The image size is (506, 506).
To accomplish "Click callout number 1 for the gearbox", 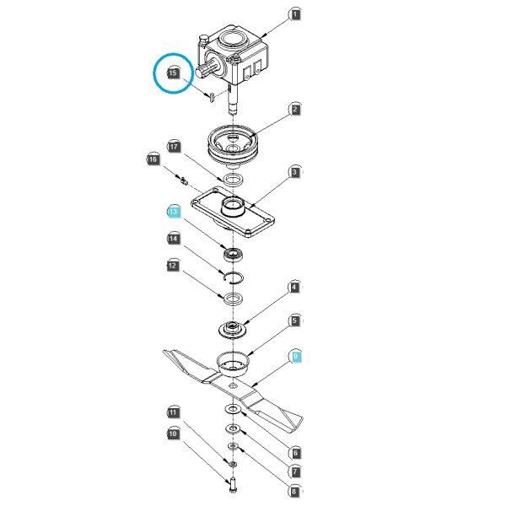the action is point(295,14).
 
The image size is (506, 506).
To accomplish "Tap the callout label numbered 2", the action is point(295,110).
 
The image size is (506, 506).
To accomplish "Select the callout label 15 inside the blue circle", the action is point(173,73).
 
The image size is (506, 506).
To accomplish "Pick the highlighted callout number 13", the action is point(173,212).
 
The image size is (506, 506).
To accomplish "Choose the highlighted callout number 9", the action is point(295,357).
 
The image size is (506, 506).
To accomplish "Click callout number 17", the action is point(174,147).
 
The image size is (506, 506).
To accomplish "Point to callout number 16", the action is point(153,159).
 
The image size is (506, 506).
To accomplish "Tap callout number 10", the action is point(173,433).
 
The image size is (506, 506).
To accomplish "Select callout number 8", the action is point(294,492).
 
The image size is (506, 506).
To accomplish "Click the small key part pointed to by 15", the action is point(212,97).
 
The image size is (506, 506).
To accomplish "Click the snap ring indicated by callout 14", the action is point(234,278).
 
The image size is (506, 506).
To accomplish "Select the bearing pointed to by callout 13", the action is point(233,255).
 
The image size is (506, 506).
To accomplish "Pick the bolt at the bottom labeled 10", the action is point(233,485).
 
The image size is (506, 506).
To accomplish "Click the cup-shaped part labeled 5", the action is point(233,363).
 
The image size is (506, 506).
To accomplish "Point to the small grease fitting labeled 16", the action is point(184,181).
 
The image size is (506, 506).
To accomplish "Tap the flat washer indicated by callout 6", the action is point(233,409).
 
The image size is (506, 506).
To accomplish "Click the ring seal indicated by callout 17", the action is point(234,180).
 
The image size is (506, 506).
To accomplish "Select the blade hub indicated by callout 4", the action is point(232,330).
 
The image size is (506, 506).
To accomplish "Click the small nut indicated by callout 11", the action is point(233,464).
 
